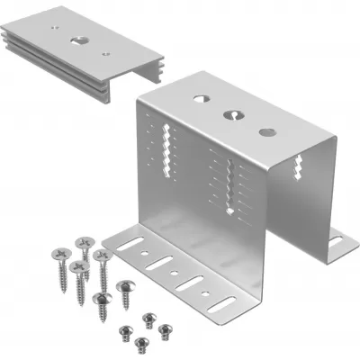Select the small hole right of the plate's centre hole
click(106, 53)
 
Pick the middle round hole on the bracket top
click(232, 114)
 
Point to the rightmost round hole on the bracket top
click(267, 132)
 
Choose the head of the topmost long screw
click(85, 241)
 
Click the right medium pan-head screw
click(125, 289)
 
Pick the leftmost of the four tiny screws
click(123, 330)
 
